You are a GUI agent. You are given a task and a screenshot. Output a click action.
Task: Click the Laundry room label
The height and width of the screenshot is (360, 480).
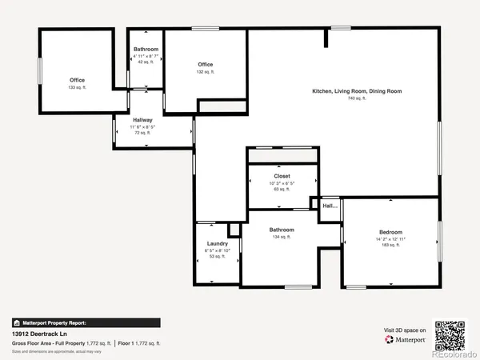[x=218, y=242]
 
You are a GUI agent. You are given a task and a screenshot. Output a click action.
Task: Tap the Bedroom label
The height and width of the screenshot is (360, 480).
[x=390, y=232]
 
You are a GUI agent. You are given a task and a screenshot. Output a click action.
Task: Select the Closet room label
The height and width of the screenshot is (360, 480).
[x=282, y=175]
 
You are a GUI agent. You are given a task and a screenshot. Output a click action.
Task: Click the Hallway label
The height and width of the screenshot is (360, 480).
[x=142, y=120]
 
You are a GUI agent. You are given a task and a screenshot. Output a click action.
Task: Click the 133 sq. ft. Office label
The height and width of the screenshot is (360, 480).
[x=77, y=80]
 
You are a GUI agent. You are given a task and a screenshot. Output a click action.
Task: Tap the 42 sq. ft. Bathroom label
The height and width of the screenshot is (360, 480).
[x=146, y=50]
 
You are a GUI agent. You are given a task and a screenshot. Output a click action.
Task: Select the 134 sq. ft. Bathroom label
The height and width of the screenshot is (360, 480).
[x=282, y=230]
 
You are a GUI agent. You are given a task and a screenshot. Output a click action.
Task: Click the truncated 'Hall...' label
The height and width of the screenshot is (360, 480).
[x=330, y=206]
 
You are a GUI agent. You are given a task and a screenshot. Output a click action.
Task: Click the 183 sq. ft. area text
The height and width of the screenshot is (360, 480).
[x=390, y=245]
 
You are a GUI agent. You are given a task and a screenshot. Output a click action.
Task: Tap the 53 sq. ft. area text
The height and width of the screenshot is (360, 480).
[x=218, y=256]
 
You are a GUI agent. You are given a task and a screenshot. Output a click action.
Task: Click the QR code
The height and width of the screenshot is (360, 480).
[x=450, y=334]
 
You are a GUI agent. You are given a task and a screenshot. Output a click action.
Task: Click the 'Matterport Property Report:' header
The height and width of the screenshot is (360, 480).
[x=50, y=322]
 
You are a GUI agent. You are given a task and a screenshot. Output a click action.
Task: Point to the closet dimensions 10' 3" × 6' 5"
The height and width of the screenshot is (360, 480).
[x=282, y=183]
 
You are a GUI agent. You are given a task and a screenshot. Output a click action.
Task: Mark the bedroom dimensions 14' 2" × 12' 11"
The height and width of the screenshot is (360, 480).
[x=390, y=238]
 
